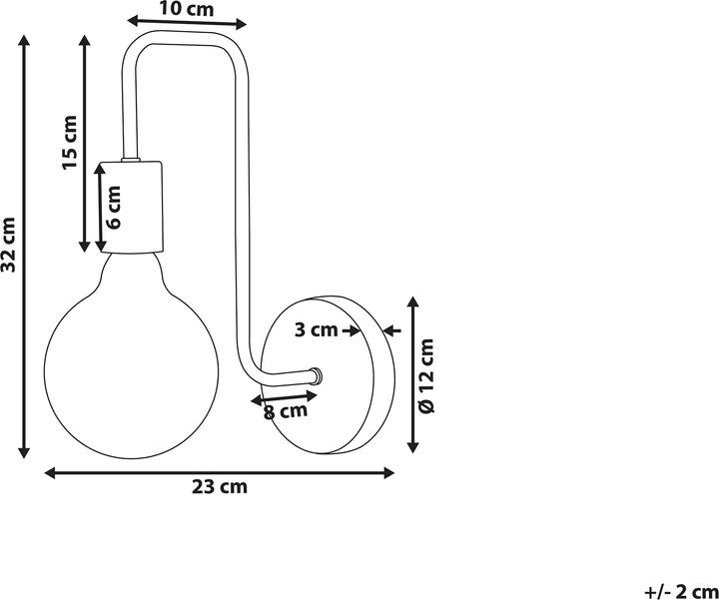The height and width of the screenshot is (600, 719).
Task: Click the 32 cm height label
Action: click(x=8, y=245)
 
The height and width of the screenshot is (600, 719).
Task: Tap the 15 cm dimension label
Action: click(x=70, y=143)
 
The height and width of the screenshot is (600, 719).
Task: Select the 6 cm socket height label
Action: click(x=112, y=207)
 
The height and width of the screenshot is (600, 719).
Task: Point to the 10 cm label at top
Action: click(x=186, y=9)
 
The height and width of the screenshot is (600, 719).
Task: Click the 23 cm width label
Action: click(x=219, y=487)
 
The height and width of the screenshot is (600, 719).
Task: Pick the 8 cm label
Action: click(x=286, y=411)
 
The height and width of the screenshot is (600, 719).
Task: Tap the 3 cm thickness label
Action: click(x=316, y=329)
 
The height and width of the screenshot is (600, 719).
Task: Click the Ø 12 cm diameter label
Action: click(x=427, y=375)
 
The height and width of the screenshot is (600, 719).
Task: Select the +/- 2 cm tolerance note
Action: click(x=681, y=592)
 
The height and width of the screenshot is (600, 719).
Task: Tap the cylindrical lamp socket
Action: click(x=131, y=207)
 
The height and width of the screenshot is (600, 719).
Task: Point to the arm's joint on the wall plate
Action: click(x=316, y=375)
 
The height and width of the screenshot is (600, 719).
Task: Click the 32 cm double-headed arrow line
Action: click(x=24, y=247)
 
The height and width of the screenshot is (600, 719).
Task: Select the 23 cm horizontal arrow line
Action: click(x=219, y=473)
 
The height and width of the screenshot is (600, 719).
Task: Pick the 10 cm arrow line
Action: click(x=187, y=22)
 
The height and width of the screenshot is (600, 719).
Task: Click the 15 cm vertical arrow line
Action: click(x=84, y=144)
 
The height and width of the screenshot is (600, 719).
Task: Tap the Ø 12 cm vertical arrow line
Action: click(x=413, y=374)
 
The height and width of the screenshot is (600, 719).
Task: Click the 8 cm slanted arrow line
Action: click(x=285, y=398)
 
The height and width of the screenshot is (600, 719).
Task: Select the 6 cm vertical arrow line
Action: click(x=101, y=208)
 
